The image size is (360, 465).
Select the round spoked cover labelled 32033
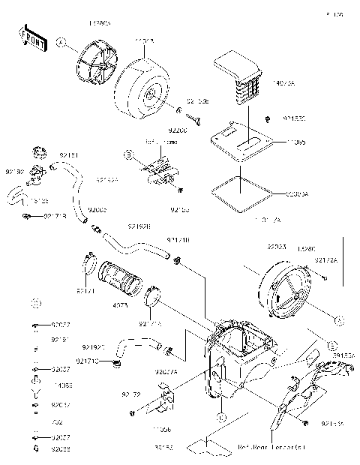click(x=288, y=292)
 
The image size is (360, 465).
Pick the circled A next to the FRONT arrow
click(x=61, y=43)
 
